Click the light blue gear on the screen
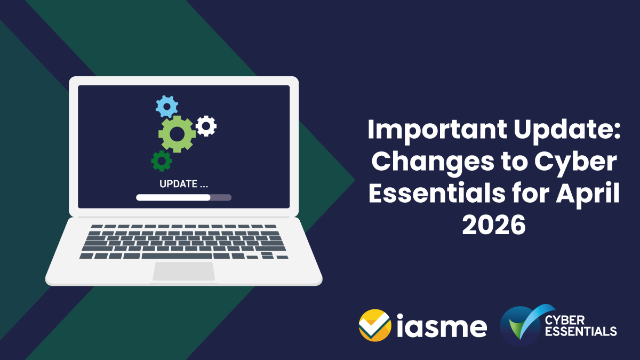pos(166,107)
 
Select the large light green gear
pos(177,134)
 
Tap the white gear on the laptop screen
pos(206,126)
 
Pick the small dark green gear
pos(161,160)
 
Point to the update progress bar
pos(183,197)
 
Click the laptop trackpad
pos(184,271)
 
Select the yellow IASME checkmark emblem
pos(375,325)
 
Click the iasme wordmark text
pos(442,325)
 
